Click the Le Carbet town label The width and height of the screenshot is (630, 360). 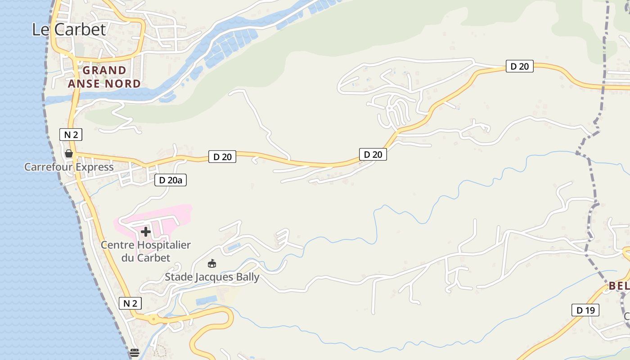69,30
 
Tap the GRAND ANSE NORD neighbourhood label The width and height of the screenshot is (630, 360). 104,77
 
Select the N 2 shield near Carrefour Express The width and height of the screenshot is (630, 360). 71,135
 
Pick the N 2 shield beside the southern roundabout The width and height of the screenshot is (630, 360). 130,303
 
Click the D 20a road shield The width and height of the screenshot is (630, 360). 171,180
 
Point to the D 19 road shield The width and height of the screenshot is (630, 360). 585,310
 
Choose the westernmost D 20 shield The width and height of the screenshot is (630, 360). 222,157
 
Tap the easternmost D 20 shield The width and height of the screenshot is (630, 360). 519,67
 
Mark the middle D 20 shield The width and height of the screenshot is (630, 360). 373,155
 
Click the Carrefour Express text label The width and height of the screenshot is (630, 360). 69,167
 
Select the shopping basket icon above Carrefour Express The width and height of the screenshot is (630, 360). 69,154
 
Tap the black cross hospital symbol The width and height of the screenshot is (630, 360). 146,232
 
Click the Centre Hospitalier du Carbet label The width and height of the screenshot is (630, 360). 146,252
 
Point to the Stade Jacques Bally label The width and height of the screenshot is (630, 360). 212,277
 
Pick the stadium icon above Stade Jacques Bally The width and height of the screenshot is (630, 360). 212,263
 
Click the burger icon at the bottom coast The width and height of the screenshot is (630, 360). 134,352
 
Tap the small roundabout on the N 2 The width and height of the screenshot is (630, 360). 153,319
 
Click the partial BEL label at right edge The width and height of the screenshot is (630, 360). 619,286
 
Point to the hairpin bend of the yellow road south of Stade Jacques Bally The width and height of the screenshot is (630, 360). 229,317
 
